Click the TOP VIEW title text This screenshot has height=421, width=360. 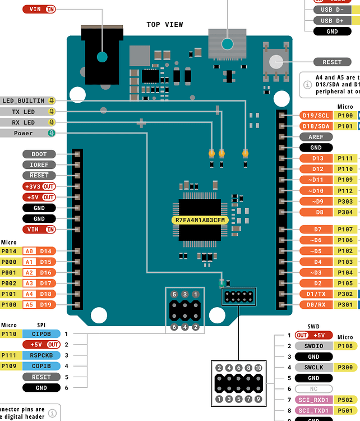tap(164, 24)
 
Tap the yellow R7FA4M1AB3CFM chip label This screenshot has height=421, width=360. tap(200, 220)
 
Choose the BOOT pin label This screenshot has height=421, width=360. tap(39, 154)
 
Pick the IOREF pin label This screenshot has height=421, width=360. tap(39, 165)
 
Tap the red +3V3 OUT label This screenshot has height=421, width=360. tap(39, 186)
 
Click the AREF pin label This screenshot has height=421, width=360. tap(316, 136)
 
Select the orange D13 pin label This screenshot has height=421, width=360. tap(317, 158)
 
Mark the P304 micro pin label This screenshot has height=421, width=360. tap(345, 212)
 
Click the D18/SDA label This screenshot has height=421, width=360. tap(316, 126)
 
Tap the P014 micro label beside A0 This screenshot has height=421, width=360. tap(10, 251)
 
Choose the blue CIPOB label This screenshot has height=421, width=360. tap(41, 334)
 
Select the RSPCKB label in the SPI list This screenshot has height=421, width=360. tap(41, 355)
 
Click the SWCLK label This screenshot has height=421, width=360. tap(313, 367)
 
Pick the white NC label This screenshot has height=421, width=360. tap(313, 388)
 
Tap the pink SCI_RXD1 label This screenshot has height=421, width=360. tap(313, 400)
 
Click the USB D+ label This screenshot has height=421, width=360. tap(333, 21)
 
